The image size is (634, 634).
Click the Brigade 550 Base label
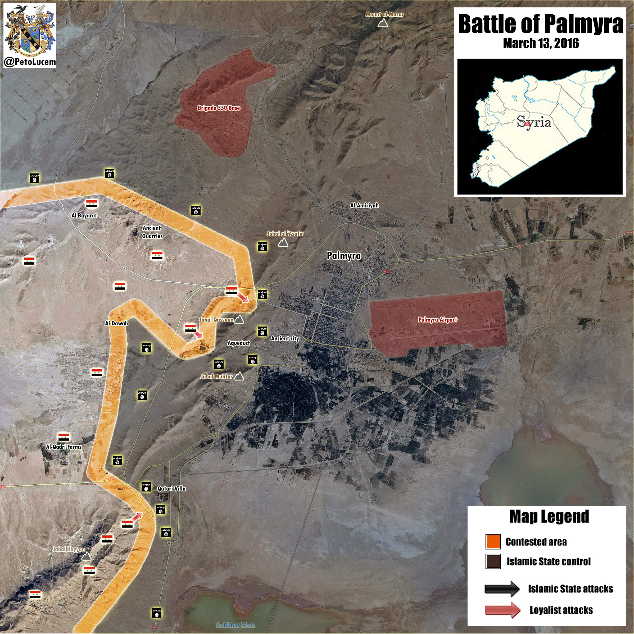219,108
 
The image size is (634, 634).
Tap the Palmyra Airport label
437,320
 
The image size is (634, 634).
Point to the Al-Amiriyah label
364,205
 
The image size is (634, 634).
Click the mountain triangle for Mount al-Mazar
382,23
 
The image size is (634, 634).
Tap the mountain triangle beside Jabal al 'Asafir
283,243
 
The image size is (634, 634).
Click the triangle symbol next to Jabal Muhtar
239,376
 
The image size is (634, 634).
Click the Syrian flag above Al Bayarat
92,204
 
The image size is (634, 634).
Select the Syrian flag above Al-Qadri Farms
64,437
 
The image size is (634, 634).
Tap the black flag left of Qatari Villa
146,487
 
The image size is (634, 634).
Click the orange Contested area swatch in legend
493,542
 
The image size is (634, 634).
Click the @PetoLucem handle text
30,62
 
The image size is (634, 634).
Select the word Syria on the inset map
534,122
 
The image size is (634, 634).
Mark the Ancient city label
285,338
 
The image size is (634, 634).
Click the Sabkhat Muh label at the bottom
235,625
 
